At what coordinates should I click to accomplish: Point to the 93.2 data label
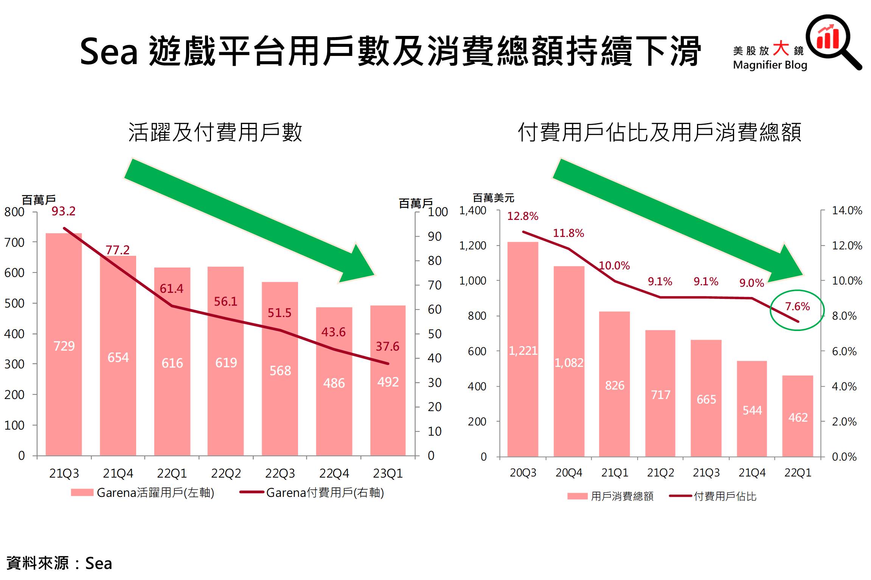tap(64, 211)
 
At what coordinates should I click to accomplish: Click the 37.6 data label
tap(387, 346)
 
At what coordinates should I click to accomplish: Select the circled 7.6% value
tap(797, 306)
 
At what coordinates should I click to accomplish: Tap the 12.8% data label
tap(523, 216)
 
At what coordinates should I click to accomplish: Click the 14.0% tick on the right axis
tap(847, 210)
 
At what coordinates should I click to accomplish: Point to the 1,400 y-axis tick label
tap(473, 210)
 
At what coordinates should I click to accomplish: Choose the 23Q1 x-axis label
tap(388, 473)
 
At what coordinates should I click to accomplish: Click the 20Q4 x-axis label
tap(569, 473)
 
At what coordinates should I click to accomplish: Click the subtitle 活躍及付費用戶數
tap(215, 132)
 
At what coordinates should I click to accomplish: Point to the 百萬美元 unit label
tap(494, 198)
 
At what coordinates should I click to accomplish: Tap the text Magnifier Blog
tap(770, 65)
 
